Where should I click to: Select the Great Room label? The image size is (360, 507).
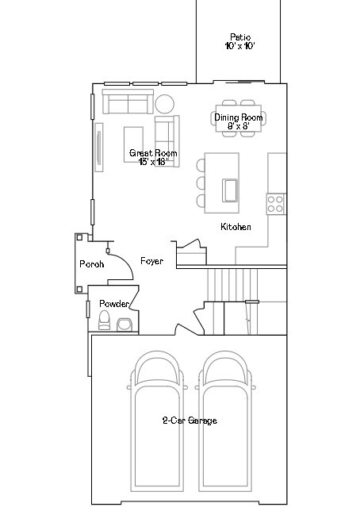pyautogui.click(x=153, y=156)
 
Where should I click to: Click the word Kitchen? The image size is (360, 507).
pyautogui.click(x=236, y=227)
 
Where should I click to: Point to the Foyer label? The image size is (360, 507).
pyautogui.click(x=151, y=261)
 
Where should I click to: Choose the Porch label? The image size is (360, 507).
pyautogui.click(x=92, y=264)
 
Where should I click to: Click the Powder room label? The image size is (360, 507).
pyautogui.click(x=114, y=304)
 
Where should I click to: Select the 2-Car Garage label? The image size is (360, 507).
pyautogui.click(x=190, y=421)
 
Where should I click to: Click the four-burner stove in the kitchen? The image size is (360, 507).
pyautogui.click(x=276, y=204)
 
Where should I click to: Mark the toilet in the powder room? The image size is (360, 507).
pyautogui.click(x=103, y=320)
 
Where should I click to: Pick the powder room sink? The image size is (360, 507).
pyautogui.click(x=124, y=323)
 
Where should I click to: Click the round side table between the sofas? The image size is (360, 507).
pyautogui.click(x=165, y=104)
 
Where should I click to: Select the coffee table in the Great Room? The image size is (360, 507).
pyautogui.click(x=133, y=144)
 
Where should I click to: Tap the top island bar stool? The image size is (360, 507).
pyautogui.click(x=201, y=165)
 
